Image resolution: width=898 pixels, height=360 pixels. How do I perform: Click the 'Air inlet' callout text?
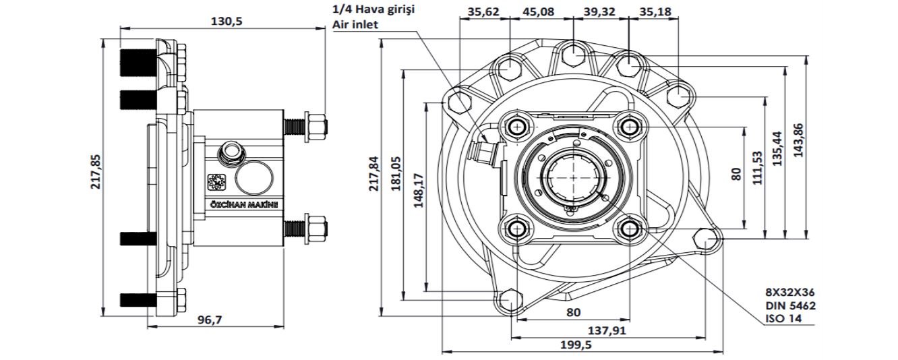point(355,24)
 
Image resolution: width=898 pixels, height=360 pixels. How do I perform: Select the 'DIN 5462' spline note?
point(790,305)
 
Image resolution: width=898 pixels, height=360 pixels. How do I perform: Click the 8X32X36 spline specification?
point(790,293)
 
